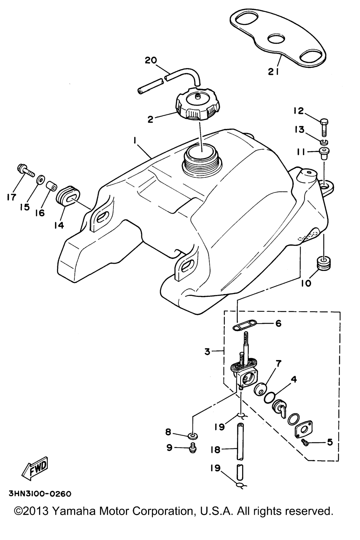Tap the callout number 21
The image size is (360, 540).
tap(274, 72)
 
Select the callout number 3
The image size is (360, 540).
tap(207, 352)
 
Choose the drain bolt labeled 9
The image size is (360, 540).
tap(193, 448)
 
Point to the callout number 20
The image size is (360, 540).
tap(151, 60)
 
